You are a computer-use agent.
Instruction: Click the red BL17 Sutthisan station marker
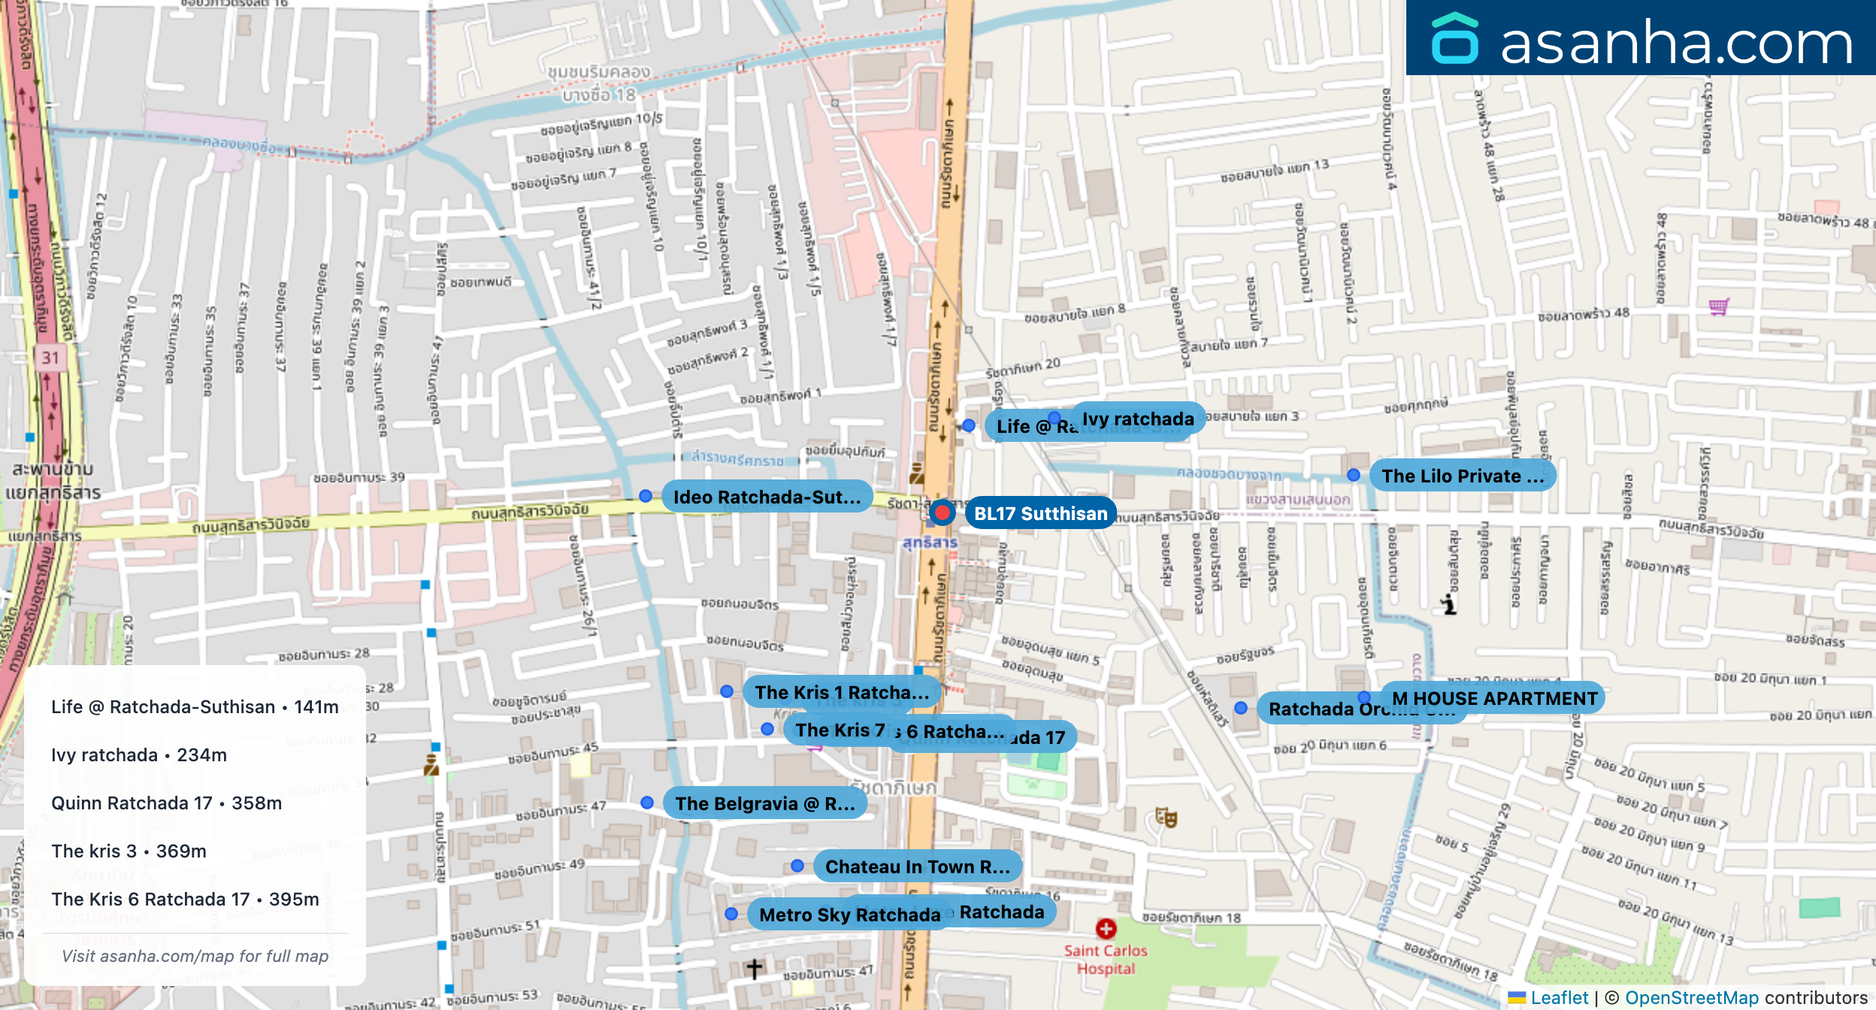942,513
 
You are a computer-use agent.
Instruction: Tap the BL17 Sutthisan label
1040,513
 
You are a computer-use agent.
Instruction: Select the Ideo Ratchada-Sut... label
767,497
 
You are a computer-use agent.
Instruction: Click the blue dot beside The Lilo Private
1354,475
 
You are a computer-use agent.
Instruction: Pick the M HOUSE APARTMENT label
1494,698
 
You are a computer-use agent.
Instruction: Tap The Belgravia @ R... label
764,803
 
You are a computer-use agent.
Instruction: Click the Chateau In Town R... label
917,866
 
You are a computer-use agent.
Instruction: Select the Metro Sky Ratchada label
849,915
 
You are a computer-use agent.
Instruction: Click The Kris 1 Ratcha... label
841,692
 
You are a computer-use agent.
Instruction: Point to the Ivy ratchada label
1138,419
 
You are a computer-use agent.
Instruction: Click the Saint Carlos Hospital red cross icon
1106,929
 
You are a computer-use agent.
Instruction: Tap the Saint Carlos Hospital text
1106,960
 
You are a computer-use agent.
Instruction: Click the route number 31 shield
50,358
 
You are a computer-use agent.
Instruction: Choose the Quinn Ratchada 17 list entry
166,803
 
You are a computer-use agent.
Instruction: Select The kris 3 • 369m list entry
129,851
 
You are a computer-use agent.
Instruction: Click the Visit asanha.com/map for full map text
195,956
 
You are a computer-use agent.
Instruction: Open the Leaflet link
1559,997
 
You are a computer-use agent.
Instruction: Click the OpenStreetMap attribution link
1691,997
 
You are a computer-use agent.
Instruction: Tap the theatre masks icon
1166,817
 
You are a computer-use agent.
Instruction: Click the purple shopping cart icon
1718,307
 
